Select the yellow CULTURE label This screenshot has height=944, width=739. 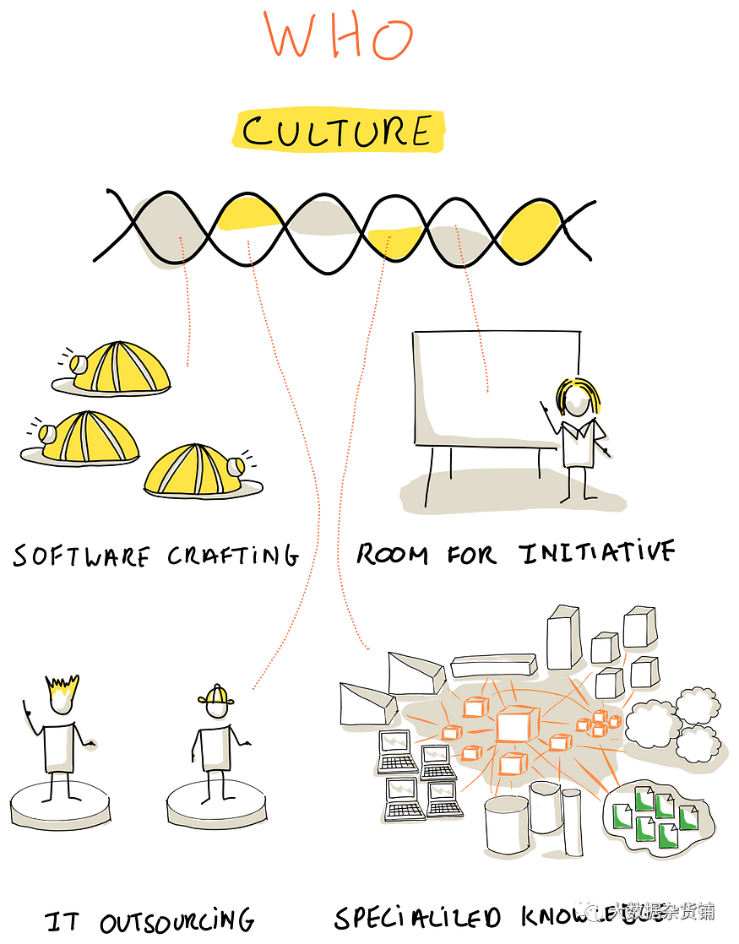pyautogui.click(x=338, y=132)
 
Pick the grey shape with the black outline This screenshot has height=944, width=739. pyautogui.click(x=167, y=231)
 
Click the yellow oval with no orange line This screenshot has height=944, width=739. pyautogui.click(x=530, y=230)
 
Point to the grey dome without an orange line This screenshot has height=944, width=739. pyautogui.click(x=323, y=219)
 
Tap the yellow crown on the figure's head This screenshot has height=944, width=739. pyautogui.click(x=62, y=688)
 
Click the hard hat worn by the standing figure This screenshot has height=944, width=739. pyautogui.click(x=216, y=696)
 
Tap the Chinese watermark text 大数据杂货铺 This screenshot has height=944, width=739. pyautogui.click(x=661, y=911)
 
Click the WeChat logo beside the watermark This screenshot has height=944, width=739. pyautogui.click(x=589, y=909)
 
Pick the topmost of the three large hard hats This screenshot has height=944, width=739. pyautogui.click(x=118, y=368)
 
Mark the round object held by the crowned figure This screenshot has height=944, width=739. pyautogui.click(x=90, y=744)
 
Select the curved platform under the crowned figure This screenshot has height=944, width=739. pyautogui.click(x=61, y=817)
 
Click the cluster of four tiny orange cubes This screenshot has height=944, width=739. pyautogui.click(x=598, y=723)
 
